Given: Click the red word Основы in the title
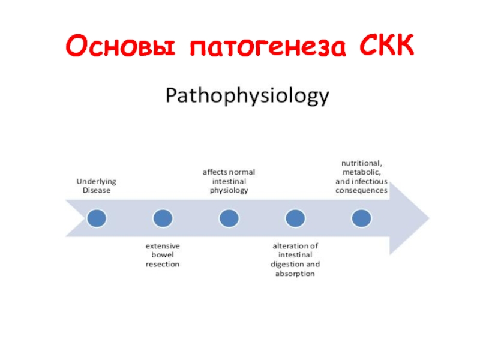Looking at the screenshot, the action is tap(121, 46).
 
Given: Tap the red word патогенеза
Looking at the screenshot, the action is tap(268, 47).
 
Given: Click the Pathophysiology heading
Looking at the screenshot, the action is tap(247, 95).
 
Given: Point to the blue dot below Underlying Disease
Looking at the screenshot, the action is tap(97, 218).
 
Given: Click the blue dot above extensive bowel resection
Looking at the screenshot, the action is tap(163, 218).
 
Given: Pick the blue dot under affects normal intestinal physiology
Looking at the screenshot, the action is tap(229, 218).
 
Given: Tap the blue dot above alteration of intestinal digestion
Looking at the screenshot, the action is tap(295, 218).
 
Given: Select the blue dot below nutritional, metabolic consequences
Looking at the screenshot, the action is tap(362, 218).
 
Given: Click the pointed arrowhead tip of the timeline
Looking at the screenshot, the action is tap(429, 218).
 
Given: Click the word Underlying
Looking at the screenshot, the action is tap(97, 182).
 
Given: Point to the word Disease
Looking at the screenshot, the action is tap(97, 190).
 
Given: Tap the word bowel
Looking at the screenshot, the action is tap(163, 254).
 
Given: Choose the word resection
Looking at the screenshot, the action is tap(163, 264).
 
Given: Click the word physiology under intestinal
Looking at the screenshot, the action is tap(229, 191).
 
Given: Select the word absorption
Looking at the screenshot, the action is tap(295, 274).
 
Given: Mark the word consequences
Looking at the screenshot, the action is tap(362, 191).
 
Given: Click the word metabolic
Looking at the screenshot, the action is tap(362, 172).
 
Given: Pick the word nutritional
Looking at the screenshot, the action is tap(362, 163).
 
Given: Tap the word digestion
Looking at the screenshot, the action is tap(287, 265).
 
